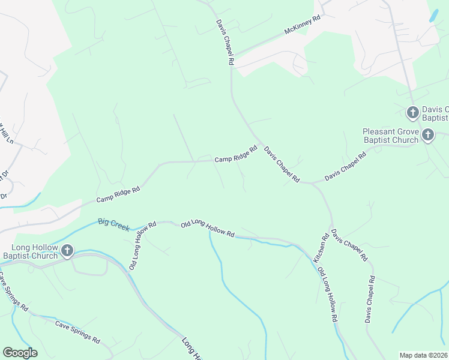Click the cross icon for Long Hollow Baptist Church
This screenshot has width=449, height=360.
point(67,251)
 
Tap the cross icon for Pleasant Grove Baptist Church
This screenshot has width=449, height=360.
point(427,135)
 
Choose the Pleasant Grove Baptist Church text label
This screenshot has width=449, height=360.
point(390,136)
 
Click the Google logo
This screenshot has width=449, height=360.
point(20,353)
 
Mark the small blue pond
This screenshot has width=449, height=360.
point(433,16)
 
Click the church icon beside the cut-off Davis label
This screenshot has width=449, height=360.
point(412,112)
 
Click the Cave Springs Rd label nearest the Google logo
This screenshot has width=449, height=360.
point(77,331)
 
